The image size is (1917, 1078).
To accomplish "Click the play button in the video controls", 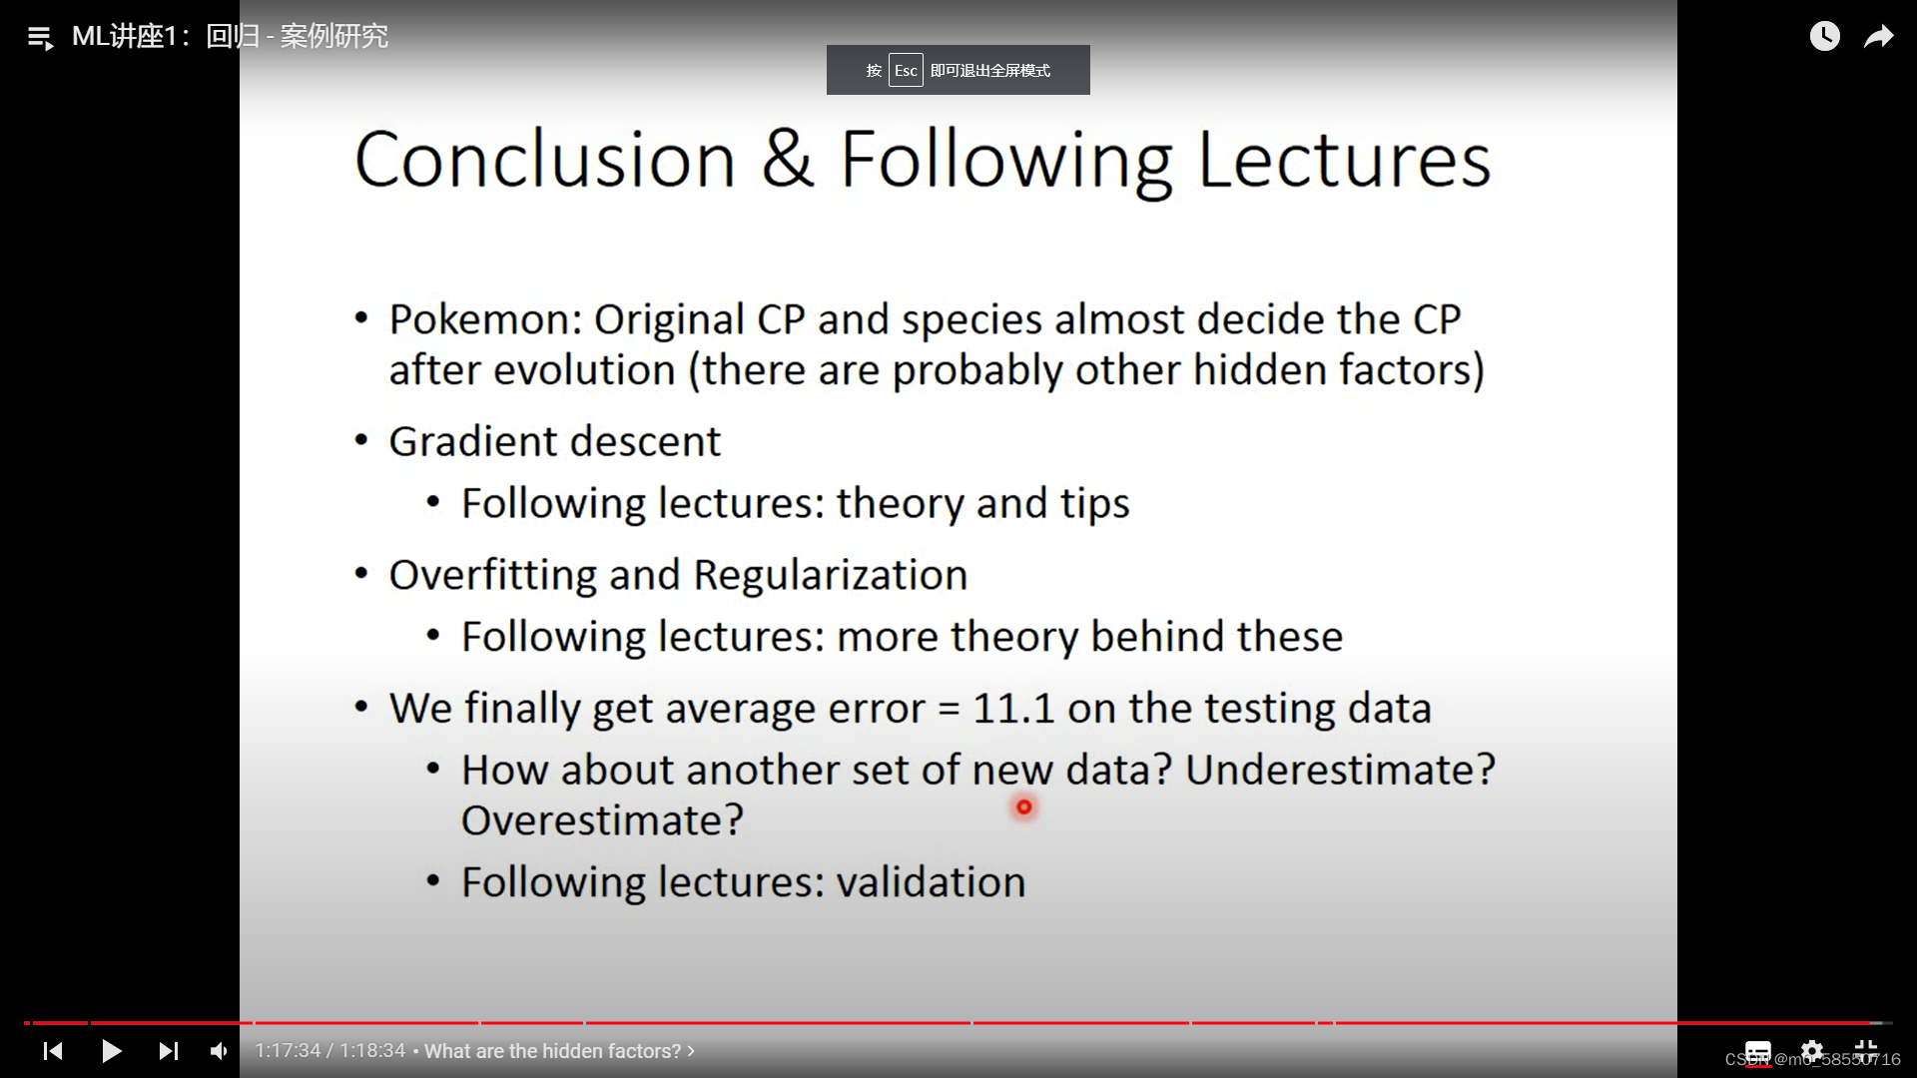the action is click(x=112, y=1051).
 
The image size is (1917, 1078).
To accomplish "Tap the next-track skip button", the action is click(x=169, y=1051).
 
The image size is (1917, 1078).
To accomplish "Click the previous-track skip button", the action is click(x=53, y=1051).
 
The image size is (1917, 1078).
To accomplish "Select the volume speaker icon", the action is click(x=219, y=1051).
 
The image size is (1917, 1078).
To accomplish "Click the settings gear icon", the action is click(x=1812, y=1050).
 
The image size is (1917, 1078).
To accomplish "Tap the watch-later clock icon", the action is click(x=1825, y=36).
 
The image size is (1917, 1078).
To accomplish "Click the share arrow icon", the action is click(x=1879, y=37).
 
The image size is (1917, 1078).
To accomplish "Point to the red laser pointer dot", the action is click(x=1024, y=807).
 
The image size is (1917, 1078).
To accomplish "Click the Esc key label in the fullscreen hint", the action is click(x=906, y=70).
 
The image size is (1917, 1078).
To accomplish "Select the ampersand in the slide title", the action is click(x=788, y=159).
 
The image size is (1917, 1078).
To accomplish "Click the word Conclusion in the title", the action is click(x=545, y=159).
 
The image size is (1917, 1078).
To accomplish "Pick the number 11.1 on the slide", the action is click(x=1013, y=708).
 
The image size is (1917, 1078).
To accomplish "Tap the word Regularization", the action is click(x=831, y=575).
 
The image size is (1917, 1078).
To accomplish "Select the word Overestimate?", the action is click(x=603, y=820).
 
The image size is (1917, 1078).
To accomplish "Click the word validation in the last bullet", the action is click(x=932, y=882).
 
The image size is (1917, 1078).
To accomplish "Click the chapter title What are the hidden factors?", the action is click(x=553, y=1051).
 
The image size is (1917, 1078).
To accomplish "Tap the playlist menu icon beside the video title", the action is click(x=41, y=38).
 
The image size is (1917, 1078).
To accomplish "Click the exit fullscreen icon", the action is click(x=1866, y=1050).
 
